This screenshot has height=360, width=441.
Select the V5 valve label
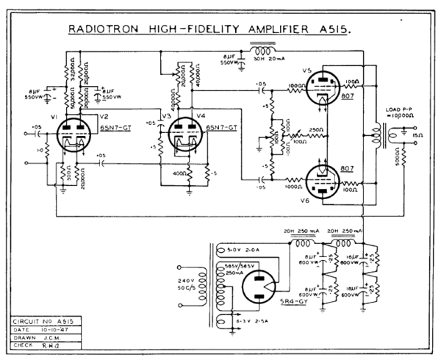[308, 71]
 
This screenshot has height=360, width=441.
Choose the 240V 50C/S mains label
[188, 286]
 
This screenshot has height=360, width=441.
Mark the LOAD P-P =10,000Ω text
[400, 117]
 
